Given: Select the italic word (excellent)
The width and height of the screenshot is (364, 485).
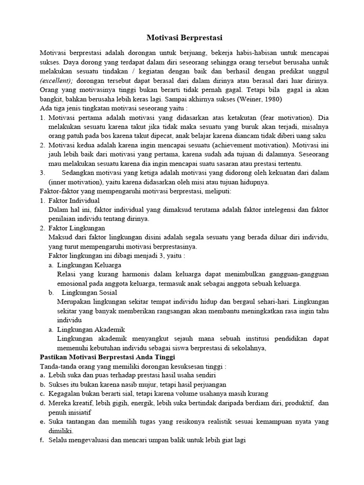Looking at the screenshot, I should pyautogui.click(x=55, y=81).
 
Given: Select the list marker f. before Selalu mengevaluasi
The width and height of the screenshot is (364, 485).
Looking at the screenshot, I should pyautogui.click(x=42, y=440).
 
